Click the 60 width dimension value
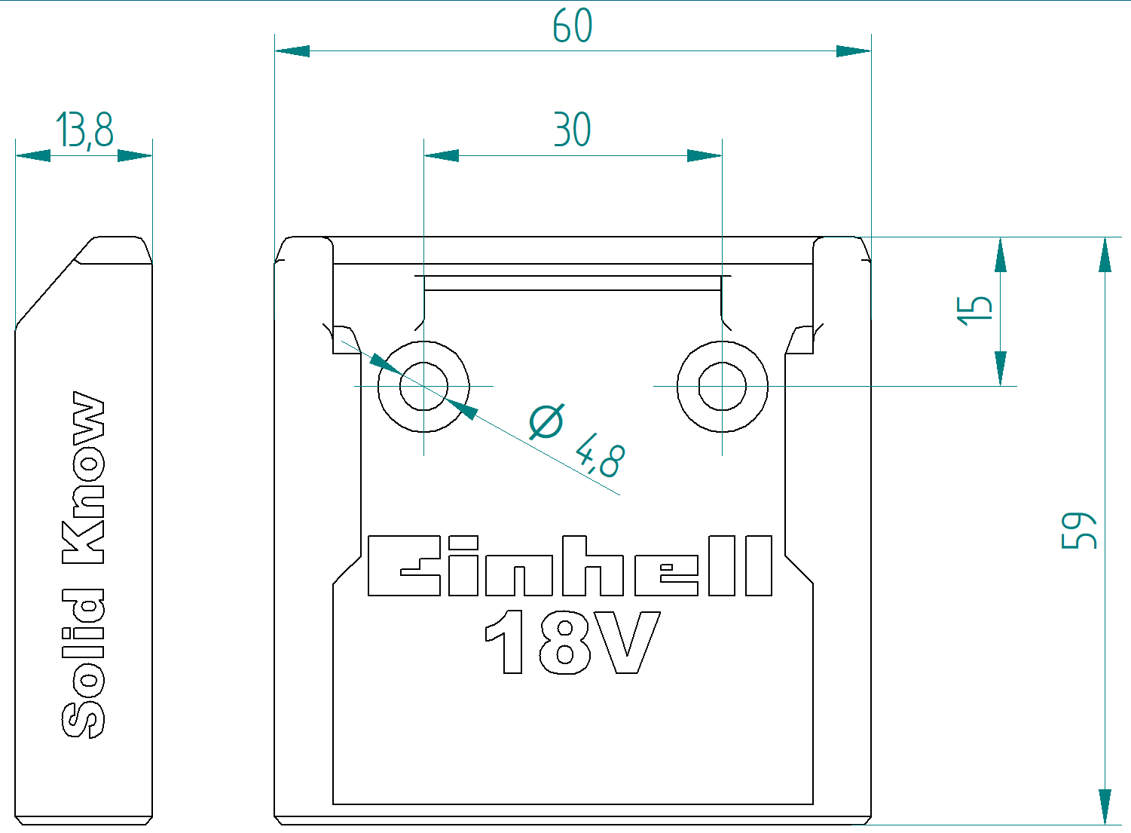572,26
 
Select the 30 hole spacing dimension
572,130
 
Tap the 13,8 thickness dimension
84,130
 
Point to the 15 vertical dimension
974,310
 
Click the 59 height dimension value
1078,531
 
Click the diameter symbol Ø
546,421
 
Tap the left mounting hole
423,387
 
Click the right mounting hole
722,387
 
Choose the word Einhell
570,566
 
